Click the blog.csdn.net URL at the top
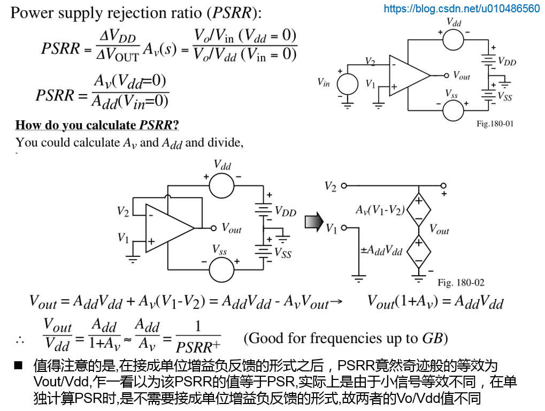(x=462, y=9)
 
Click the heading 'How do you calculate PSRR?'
(x=97, y=125)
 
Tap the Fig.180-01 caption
(x=495, y=124)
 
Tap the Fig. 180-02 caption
(x=460, y=282)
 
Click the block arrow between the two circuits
(x=314, y=220)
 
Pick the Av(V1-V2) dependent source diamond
(x=418, y=209)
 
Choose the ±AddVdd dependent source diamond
(x=418, y=251)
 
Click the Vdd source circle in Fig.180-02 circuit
(x=221, y=186)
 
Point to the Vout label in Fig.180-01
(x=461, y=75)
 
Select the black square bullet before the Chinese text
(x=19, y=366)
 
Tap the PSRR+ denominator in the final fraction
(x=198, y=346)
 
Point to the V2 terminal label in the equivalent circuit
(x=330, y=186)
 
